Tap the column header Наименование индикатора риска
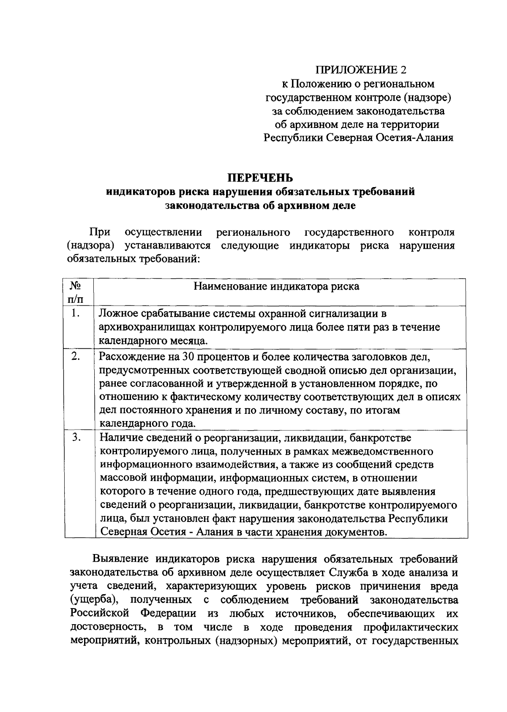(276, 286)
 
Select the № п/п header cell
(75, 292)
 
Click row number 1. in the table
(76, 314)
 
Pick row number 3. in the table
(76, 438)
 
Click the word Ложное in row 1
(118, 314)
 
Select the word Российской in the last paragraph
(99, 614)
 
